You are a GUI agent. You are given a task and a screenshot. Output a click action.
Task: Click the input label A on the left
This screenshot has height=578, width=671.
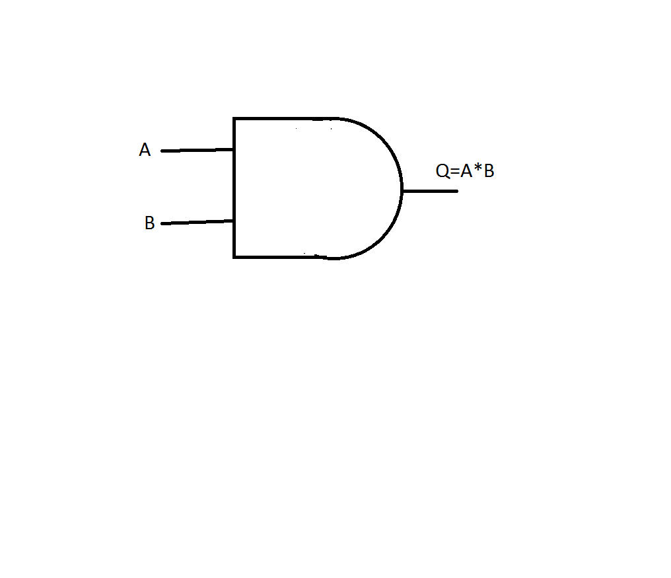point(145,151)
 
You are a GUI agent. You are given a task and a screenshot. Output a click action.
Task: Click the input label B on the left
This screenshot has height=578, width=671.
point(149,224)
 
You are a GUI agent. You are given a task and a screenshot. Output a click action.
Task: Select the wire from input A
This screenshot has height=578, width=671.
point(197,150)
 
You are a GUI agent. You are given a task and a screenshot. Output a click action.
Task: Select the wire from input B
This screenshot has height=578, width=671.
point(197,222)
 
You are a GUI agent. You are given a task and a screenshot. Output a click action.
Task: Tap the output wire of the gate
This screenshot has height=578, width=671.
point(429,191)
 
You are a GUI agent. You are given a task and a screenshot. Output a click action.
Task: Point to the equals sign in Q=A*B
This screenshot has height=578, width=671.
point(454,172)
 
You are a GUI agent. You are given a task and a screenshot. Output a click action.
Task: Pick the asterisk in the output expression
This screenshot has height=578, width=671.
point(477,170)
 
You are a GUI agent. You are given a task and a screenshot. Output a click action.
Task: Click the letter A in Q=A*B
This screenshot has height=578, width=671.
point(466,172)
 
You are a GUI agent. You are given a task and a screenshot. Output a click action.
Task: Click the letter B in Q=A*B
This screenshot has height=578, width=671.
point(489,172)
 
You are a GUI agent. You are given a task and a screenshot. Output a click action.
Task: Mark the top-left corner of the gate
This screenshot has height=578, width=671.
point(234,119)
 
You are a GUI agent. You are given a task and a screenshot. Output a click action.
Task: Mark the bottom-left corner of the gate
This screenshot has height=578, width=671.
point(234,256)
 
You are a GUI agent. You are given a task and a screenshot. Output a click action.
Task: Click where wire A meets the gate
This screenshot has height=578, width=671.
point(234,149)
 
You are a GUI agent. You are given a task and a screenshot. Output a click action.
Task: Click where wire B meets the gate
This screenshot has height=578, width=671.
point(234,221)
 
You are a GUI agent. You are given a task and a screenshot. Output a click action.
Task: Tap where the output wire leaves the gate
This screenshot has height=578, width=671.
point(402,191)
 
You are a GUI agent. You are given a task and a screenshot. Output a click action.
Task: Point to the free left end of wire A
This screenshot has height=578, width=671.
point(162,151)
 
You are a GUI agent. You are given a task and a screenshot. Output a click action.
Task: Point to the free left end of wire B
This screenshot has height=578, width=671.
point(162,224)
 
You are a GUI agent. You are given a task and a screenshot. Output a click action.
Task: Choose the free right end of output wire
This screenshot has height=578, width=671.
point(456,191)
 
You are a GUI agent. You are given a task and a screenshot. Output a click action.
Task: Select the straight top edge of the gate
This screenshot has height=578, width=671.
point(284,119)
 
